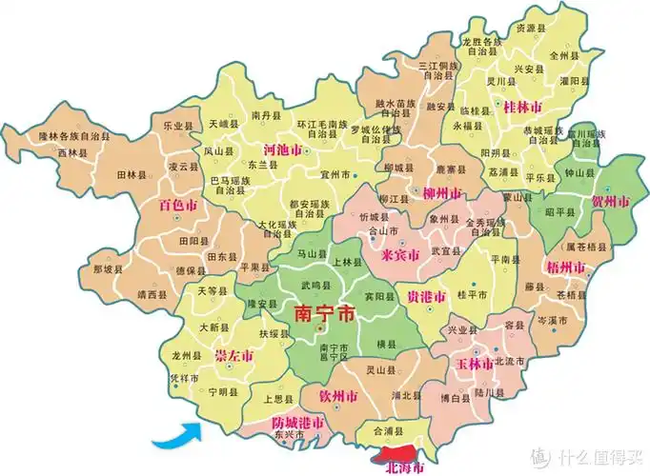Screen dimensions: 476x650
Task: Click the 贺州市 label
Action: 610,203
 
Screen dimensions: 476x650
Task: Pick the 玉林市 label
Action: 474,365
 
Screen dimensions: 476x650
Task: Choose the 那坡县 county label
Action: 110,268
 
